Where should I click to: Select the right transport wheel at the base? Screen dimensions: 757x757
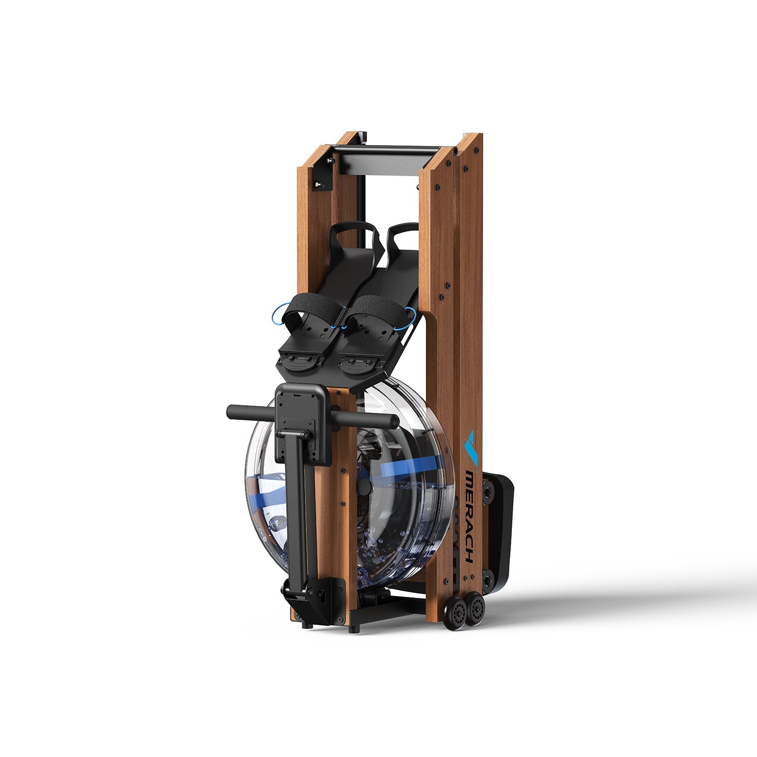[x=476, y=610]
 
